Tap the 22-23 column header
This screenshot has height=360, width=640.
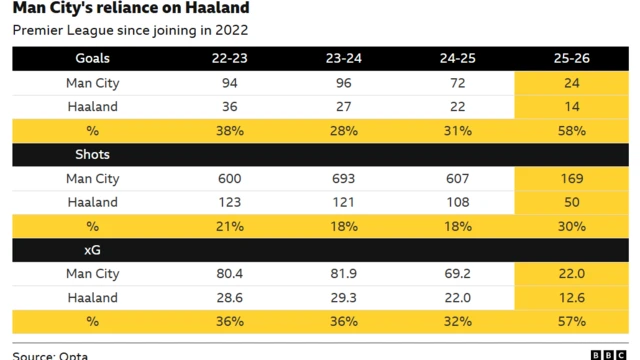(x=229, y=59)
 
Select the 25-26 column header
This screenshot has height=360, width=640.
(x=572, y=59)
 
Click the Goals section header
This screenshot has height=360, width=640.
(x=92, y=59)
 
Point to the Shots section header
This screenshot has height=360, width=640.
(x=92, y=155)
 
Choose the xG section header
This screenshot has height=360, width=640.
(x=92, y=250)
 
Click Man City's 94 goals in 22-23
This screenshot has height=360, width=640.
(x=229, y=83)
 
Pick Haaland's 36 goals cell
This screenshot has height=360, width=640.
(x=229, y=107)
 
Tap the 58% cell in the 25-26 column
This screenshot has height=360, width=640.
(x=572, y=131)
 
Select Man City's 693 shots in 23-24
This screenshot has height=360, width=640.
(x=343, y=179)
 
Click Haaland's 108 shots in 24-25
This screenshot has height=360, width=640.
(x=457, y=202)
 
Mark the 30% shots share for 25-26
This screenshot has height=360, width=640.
(x=572, y=226)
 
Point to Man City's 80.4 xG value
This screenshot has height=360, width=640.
(x=229, y=274)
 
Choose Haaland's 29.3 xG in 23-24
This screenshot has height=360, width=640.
(x=343, y=298)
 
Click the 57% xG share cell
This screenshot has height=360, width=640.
(x=572, y=322)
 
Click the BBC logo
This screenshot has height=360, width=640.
(x=608, y=354)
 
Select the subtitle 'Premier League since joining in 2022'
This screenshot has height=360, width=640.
(x=130, y=31)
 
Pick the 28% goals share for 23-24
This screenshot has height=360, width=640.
(x=343, y=131)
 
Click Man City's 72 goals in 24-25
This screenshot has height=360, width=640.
(x=457, y=83)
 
